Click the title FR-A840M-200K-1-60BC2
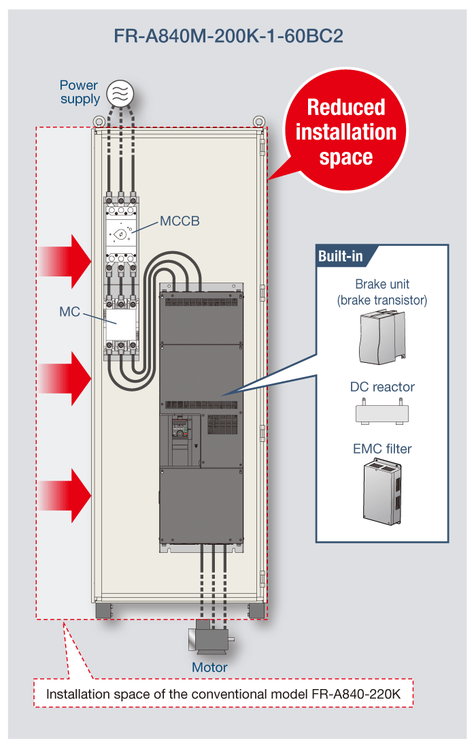(228, 36)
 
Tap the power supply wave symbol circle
(120, 93)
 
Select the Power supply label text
(79, 92)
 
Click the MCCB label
(180, 221)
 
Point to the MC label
(69, 312)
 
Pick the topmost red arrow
(65, 261)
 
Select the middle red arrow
(65, 379)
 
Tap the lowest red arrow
(65, 495)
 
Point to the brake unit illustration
(382, 336)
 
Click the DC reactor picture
(382, 412)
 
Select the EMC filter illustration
(383, 492)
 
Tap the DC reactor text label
(382, 387)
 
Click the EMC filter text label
(382, 449)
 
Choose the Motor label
(209, 667)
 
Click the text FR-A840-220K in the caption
(356, 694)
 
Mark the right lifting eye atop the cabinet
(258, 120)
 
